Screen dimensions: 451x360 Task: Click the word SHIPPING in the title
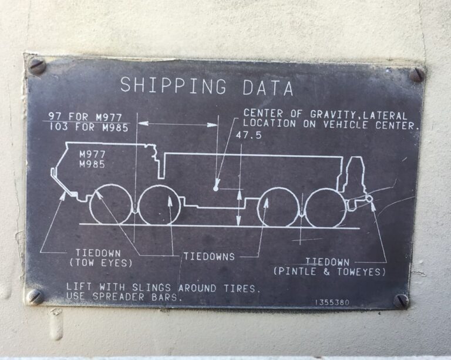coord(173,85)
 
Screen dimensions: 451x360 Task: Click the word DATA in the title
coord(268,88)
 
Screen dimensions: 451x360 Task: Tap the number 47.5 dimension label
coord(249,135)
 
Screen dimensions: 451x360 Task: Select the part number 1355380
coord(332,302)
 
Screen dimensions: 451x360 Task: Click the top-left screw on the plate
coord(38,66)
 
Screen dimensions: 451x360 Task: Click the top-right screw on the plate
coord(417,75)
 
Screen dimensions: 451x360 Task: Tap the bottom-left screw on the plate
coord(35,297)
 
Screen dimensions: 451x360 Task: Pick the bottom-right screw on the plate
coord(401,301)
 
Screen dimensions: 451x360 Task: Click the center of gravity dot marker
coord(216,189)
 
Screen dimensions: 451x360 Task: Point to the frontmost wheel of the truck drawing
coord(111,205)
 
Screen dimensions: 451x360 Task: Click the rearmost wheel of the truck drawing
coord(325,208)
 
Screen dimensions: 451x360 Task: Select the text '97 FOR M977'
coord(85,117)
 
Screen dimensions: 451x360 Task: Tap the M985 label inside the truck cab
coord(92,164)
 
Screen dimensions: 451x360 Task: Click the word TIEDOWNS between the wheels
coord(209,257)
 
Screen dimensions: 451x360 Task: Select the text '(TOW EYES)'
coord(101,263)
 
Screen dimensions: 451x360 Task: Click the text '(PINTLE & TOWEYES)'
coord(329,271)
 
